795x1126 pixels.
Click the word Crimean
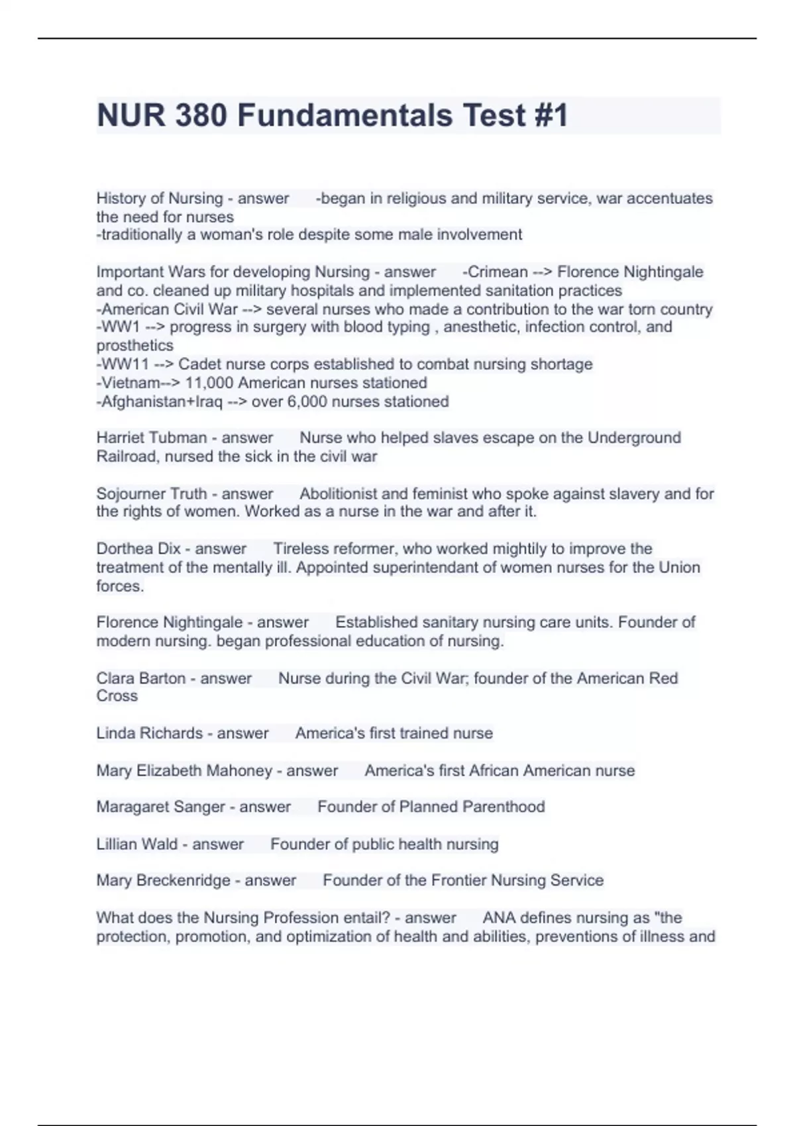(498, 272)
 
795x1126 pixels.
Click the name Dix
(170, 548)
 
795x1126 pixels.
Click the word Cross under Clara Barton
(117, 696)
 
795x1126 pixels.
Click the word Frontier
(460, 880)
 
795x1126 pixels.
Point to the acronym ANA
(499, 918)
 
